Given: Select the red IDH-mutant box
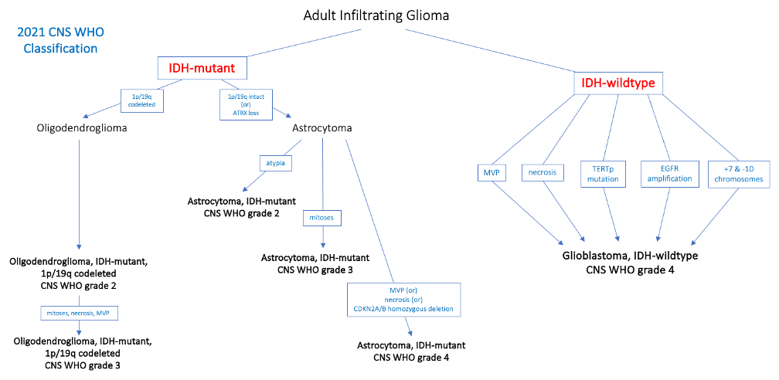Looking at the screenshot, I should click(x=207, y=69).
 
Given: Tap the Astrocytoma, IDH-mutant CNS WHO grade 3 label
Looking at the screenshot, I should click(x=314, y=263).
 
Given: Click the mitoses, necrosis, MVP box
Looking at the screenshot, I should click(x=79, y=313).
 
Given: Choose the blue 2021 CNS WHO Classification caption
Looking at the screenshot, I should click(x=60, y=41).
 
